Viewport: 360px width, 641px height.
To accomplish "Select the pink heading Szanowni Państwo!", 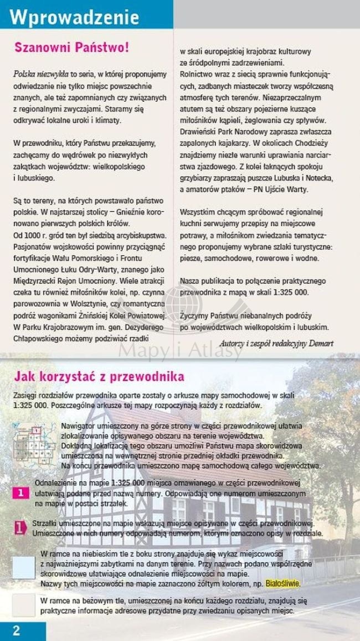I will (x=71, y=47).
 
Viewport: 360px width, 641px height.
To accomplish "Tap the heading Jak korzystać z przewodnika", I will (x=99, y=377).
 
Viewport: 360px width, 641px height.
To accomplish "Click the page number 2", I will (x=17, y=630).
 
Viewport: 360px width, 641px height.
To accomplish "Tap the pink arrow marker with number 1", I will (x=20, y=528).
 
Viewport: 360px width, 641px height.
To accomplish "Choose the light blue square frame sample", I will (x=23, y=567).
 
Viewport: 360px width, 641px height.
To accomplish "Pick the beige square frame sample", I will (x=23, y=604).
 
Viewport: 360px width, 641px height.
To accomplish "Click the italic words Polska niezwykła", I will (x=40, y=73).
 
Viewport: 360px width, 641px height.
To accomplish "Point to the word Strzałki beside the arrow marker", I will (x=46, y=523).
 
